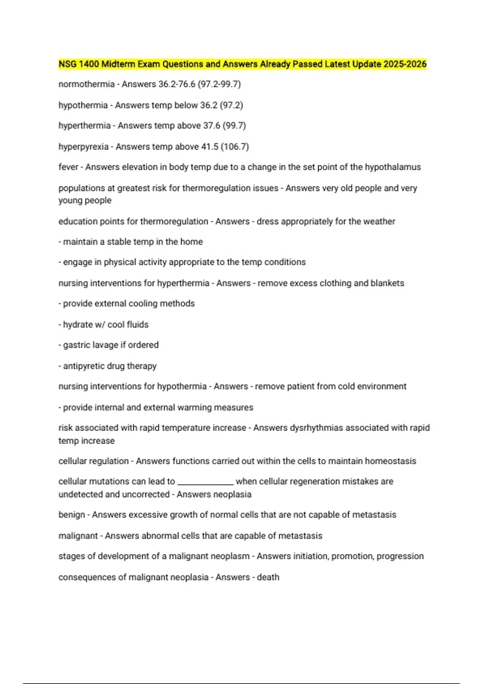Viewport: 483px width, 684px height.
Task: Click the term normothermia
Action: pos(87,84)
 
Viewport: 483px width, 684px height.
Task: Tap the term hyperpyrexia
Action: pos(83,146)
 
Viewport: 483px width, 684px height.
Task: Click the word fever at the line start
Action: pos(68,167)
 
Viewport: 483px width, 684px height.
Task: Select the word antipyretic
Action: pos(85,366)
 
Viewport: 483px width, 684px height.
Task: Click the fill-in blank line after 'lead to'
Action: pos(205,483)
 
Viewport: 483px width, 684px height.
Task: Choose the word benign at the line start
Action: pos(72,515)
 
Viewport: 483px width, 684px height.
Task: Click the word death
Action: pos(268,577)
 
